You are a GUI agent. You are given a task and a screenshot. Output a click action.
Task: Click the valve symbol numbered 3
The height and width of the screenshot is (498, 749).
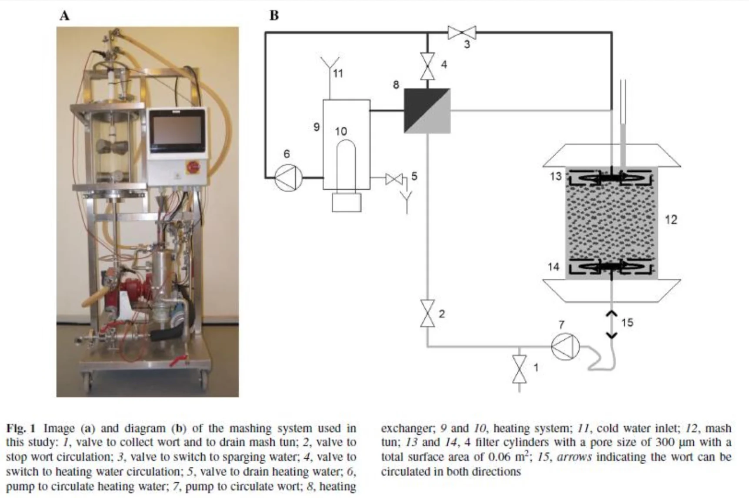462,32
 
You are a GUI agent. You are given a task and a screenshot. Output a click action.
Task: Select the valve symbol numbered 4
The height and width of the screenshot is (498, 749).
427,66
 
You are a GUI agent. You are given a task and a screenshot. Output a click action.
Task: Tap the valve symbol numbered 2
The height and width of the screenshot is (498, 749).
427,313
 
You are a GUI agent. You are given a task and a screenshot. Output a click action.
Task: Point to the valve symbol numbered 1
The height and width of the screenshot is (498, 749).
519,369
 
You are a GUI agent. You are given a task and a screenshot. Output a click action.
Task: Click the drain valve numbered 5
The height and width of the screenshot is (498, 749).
394,179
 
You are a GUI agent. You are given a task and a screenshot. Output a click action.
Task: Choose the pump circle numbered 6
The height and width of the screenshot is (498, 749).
288,177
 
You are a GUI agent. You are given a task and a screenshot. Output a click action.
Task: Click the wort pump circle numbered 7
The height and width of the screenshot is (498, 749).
565,346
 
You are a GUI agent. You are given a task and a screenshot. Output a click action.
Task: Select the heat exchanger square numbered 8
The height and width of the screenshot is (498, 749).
427,110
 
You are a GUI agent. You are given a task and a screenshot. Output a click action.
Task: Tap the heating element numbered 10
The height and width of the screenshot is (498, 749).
346,165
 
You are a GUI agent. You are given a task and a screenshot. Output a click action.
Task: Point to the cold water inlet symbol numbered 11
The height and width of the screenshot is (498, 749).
330,70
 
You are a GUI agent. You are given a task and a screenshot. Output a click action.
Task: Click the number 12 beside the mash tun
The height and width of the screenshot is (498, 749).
671,220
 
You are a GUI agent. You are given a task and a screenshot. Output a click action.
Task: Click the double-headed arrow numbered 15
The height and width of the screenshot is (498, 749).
612,324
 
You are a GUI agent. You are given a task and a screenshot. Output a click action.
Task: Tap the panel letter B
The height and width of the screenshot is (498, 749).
274,16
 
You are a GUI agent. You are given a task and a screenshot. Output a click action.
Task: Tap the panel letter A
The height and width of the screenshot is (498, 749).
64,16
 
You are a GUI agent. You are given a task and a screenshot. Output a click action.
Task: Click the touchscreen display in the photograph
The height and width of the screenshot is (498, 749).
176,130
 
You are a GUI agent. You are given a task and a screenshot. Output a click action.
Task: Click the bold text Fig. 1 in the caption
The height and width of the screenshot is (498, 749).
21,428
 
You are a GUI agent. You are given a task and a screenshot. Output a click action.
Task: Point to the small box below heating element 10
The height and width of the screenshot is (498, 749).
346,202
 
